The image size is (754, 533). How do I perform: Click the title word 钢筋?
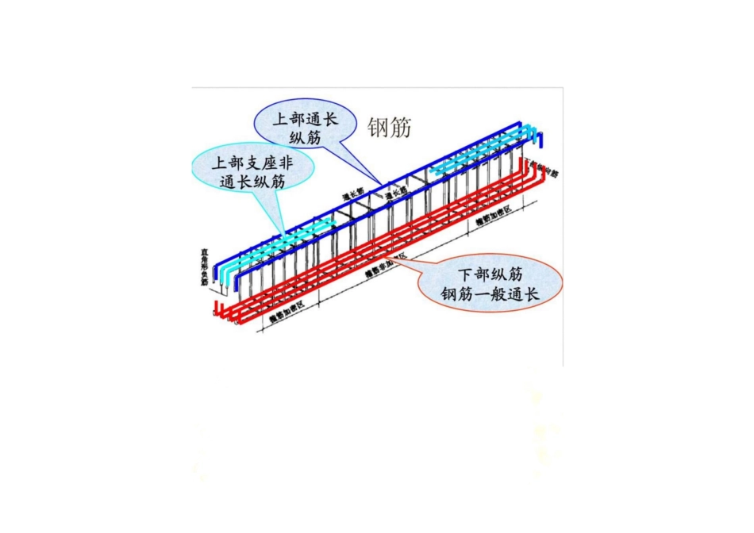click(390, 128)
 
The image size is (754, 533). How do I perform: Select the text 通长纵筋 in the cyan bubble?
click(252, 182)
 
